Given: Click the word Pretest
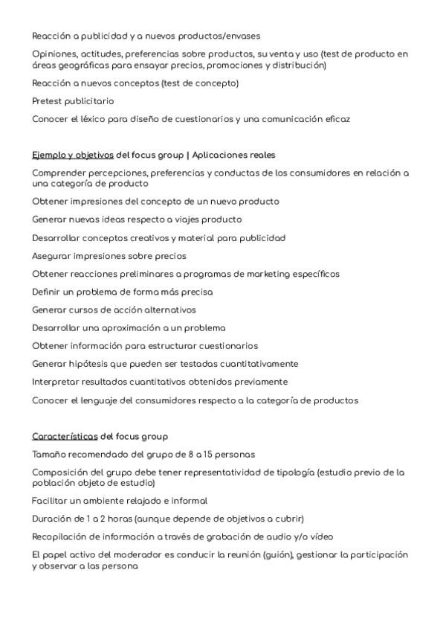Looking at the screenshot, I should click(49, 101).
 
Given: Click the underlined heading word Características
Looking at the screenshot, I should click(65, 436).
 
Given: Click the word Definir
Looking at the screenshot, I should click(48, 292).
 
